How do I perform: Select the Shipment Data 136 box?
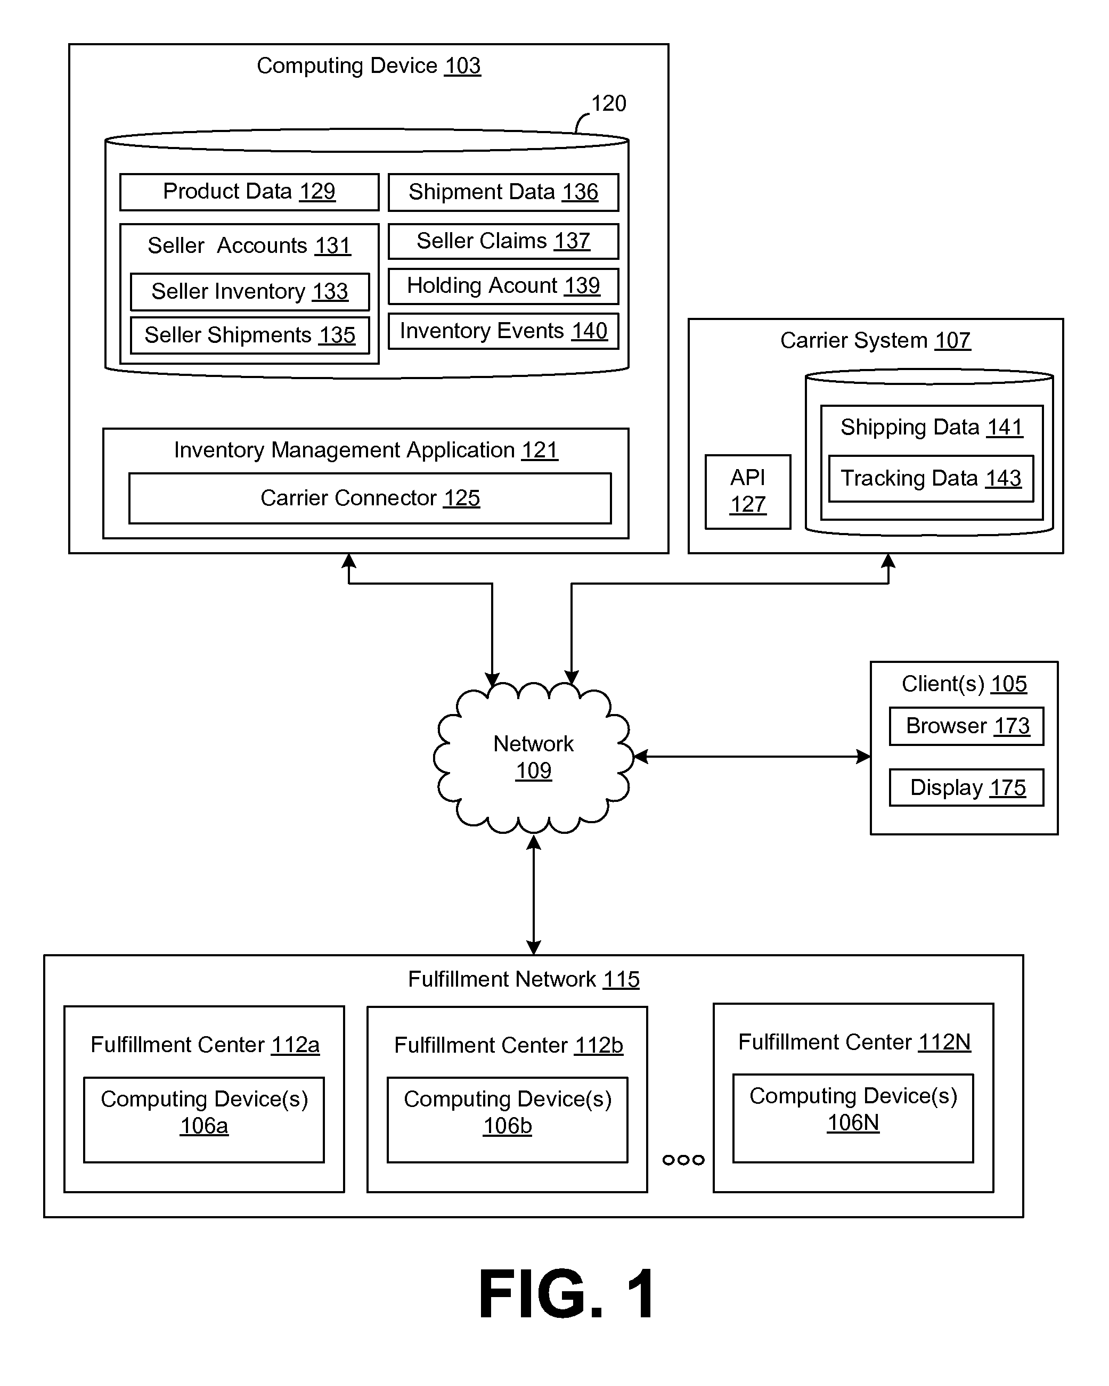coord(503,192)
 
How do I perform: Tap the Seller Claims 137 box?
coord(503,241)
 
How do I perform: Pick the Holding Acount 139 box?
coord(503,285)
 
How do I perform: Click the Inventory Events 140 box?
coord(503,331)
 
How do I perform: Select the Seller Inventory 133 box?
coord(250,291)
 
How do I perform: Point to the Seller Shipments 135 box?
coord(250,335)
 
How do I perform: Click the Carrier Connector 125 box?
coord(370,498)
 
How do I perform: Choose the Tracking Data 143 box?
coord(931,478)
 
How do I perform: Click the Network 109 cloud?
coord(533,757)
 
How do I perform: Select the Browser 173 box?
coord(966,726)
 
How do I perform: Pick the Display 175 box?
coord(966,788)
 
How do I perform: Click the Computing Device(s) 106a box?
coord(204,1119)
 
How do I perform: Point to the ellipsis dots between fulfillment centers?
coord(683,1160)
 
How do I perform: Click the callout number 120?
coord(608,103)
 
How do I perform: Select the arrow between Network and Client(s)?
coord(753,757)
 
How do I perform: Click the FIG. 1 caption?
coord(566,1294)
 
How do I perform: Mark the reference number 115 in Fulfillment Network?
coord(621,979)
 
